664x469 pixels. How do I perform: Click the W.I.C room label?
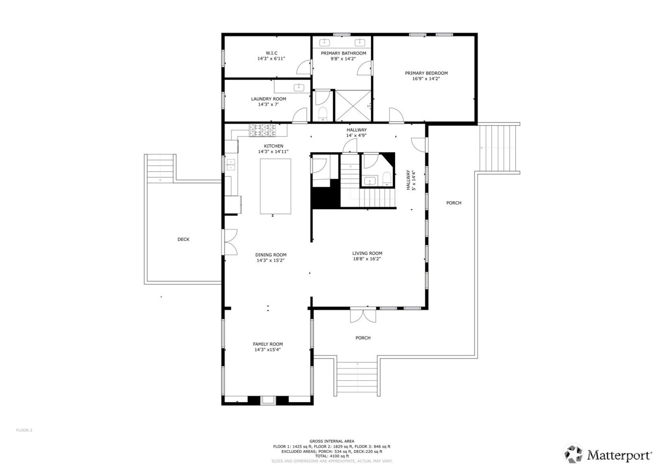(x=271, y=53)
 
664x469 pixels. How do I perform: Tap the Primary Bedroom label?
(x=426, y=73)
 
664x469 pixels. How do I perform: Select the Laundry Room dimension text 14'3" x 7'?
(x=268, y=104)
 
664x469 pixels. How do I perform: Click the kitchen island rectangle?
(x=275, y=186)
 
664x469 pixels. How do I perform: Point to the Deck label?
(x=183, y=239)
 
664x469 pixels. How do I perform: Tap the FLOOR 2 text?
(x=24, y=430)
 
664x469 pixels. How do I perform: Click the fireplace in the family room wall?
(x=268, y=401)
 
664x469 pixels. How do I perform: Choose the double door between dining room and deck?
(x=231, y=242)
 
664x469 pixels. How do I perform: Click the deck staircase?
(x=160, y=169)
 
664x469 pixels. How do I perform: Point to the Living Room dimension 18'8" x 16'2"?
(x=367, y=259)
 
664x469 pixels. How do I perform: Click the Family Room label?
(x=267, y=344)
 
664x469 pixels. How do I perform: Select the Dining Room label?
(x=271, y=255)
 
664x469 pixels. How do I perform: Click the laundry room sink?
(x=299, y=87)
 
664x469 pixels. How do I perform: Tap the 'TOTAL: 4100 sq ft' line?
(x=332, y=456)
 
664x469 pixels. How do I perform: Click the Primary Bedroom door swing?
(x=395, y=114)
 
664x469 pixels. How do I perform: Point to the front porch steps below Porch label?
(x=357, y=377)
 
